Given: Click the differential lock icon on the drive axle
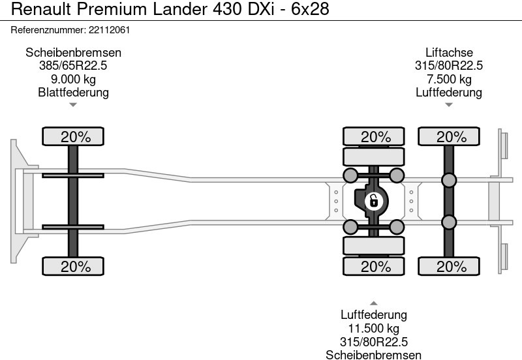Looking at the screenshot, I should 373,200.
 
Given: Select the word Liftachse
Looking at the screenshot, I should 449,53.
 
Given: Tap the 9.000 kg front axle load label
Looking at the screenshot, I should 73,79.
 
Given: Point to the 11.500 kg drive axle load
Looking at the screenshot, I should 374,329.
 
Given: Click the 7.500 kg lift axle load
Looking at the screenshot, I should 449,79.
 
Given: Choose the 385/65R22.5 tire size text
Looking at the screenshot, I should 73,66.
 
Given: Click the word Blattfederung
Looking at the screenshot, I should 73,92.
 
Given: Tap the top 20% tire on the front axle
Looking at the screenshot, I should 74,137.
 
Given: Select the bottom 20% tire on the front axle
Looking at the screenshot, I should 74,266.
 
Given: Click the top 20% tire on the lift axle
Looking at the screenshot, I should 450,137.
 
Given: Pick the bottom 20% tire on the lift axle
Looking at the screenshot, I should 450,266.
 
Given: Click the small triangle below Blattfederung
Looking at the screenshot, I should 73,104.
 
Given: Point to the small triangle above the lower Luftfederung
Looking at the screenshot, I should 374,303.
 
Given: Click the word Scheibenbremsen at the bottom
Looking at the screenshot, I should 374,355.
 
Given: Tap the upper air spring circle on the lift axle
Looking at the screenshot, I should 449,180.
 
